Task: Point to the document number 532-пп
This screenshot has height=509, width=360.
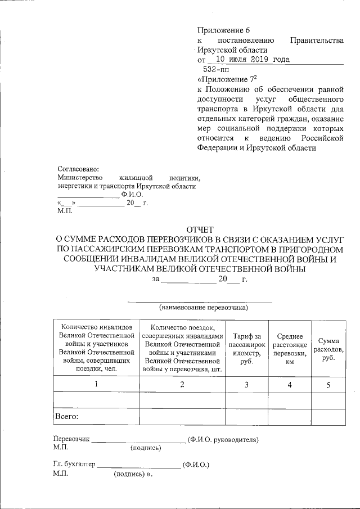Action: coord(215,69)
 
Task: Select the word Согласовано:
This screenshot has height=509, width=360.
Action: coord(78,169)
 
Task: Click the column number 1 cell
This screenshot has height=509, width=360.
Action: coord(96,384)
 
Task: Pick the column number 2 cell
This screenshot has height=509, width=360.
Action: coord(182,384)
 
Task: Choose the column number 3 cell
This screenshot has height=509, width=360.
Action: coord(246,384)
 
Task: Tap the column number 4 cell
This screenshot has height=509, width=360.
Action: coord(290,384)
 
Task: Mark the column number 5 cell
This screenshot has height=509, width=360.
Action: coord(328,384)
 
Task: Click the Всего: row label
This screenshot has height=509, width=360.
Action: coord(66,417)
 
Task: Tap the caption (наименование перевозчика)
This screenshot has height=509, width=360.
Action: coord(203,308)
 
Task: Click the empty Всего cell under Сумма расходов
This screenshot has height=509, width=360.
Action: coord(328,417)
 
